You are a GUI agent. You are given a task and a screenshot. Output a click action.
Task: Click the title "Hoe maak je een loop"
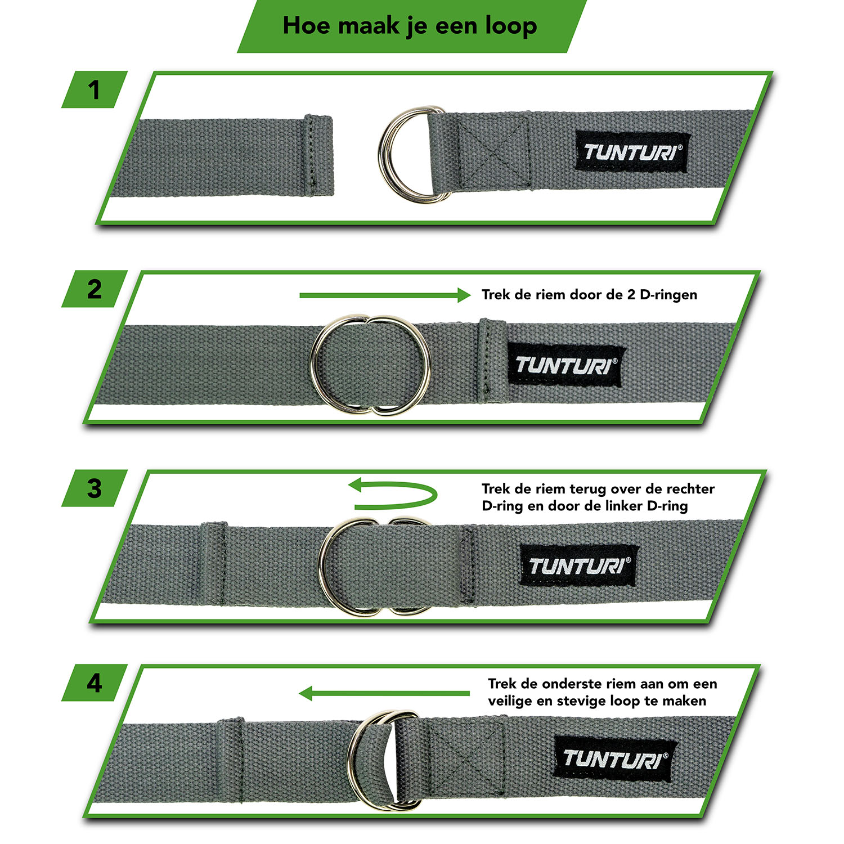[410, 26]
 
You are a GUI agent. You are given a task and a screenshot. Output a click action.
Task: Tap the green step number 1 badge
[95, 89]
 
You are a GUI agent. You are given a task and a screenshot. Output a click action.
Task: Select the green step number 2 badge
[95, 289]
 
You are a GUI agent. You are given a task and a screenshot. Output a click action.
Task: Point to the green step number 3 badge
[95, 488]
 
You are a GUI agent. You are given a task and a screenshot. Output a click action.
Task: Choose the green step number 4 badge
[95, 683]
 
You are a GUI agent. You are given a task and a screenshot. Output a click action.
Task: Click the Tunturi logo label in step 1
[633, 152]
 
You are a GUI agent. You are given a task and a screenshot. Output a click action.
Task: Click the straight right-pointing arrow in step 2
[385, 295]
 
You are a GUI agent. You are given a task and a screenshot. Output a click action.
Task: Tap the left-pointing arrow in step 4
[384, 693]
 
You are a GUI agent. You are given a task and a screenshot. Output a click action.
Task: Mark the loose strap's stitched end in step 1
[318, 156]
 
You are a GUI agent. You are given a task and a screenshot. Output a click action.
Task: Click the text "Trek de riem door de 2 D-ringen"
[589, 295]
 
